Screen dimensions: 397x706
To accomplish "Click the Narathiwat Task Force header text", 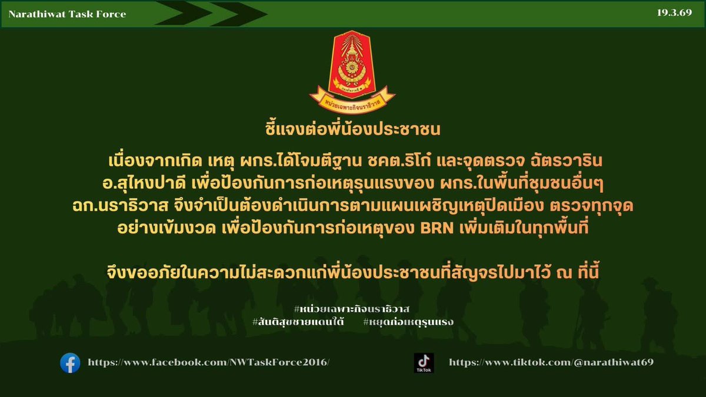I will coord(67,14).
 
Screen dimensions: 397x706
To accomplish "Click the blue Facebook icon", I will coord(70,363).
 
